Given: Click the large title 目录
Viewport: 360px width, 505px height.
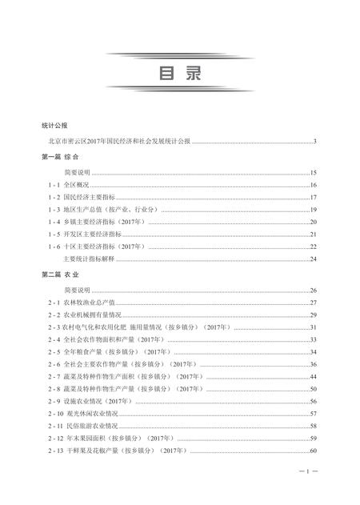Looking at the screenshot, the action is tap(179, 73).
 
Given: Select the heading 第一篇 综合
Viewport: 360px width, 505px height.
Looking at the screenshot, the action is tap(57, 158).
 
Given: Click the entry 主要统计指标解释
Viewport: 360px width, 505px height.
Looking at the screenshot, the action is tap(90, 259).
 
